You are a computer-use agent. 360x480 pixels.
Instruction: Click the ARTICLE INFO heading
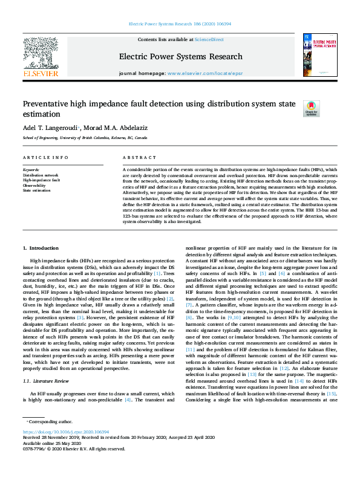(41, 157)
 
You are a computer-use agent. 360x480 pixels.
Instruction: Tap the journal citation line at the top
(180, 24)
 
